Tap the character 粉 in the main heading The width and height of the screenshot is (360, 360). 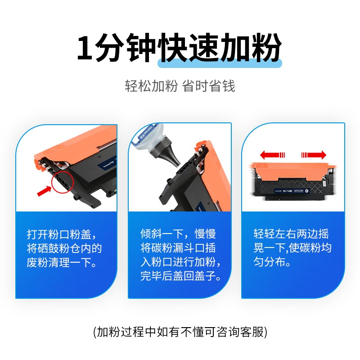coord(266,47)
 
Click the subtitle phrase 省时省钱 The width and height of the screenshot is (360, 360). coord(209,86)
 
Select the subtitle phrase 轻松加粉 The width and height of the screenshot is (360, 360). coord(151,86)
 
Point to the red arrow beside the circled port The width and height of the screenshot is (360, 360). coord(44,191)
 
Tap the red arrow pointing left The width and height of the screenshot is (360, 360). coord(272,155)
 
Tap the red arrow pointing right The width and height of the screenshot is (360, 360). coord(314,155)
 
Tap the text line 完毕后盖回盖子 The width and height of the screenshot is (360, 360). coord(181,276)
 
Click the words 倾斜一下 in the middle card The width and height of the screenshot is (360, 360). coord(162,234)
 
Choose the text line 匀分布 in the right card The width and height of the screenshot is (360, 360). coord(272,262)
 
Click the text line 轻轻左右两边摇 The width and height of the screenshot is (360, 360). coord(291,234)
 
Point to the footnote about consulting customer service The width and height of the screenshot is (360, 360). coord(180,332)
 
